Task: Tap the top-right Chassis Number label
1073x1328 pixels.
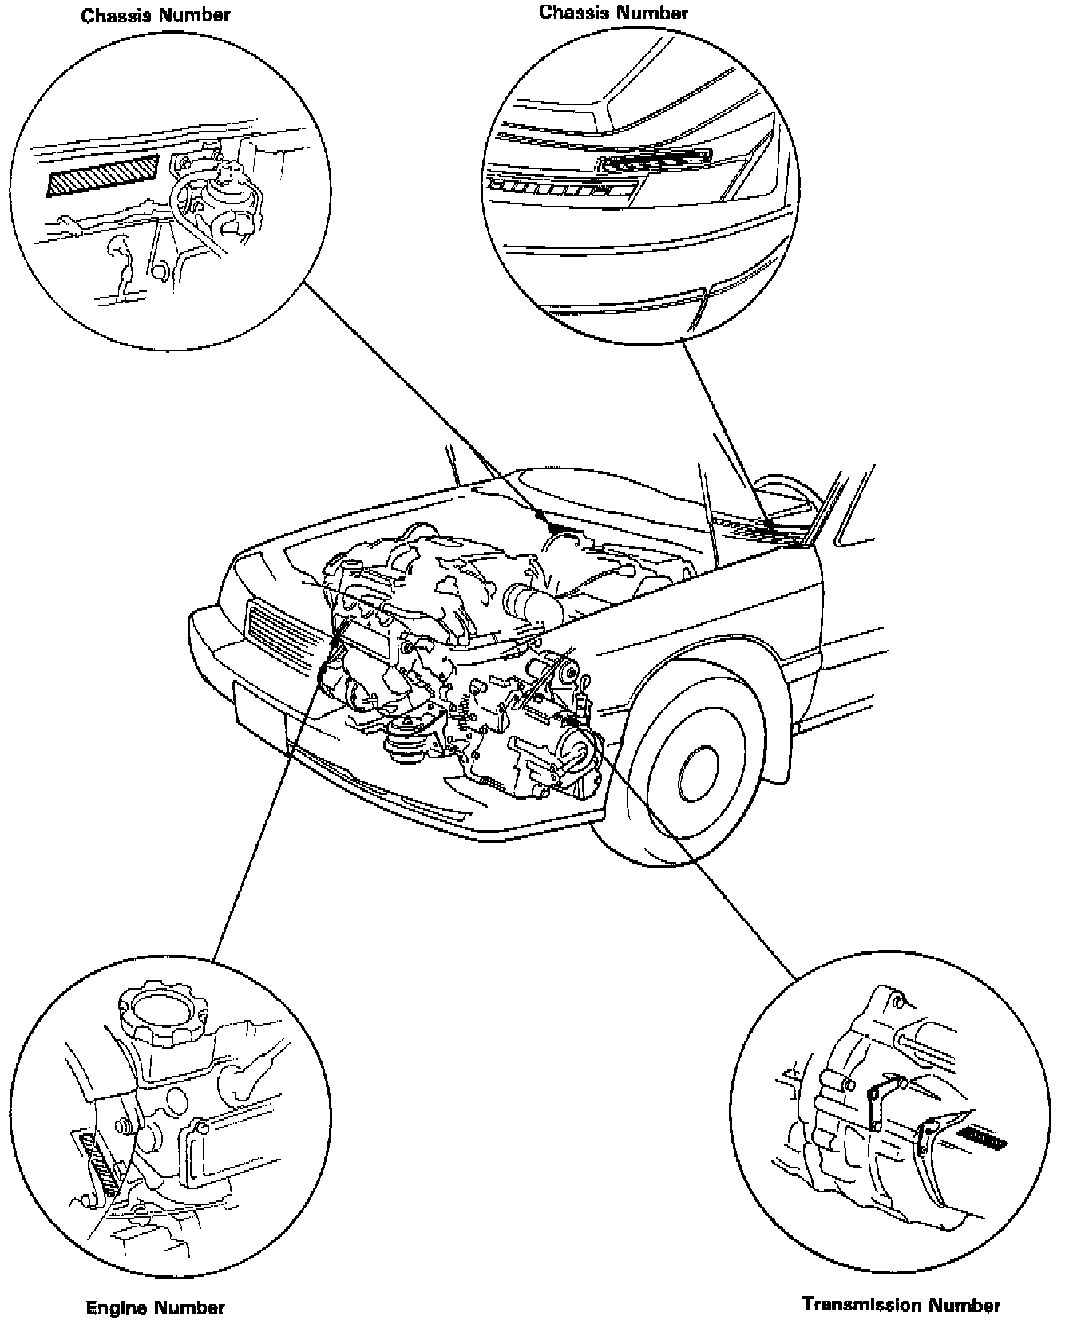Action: tap(613, 12)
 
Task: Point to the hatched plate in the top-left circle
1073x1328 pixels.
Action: tap(102, 176)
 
